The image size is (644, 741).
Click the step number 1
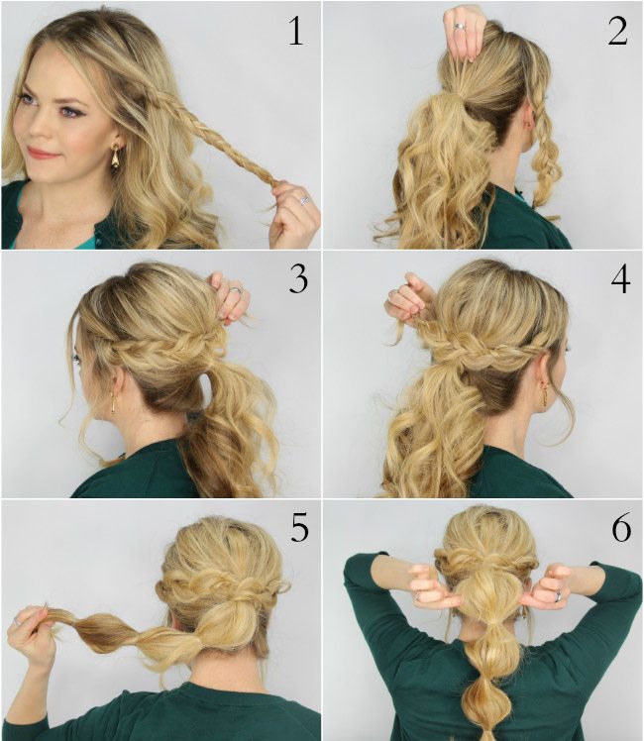point(296,32)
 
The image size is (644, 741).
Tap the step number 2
point(618,32)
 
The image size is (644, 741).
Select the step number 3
point(298,278)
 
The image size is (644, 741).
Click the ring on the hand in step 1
point(304,200)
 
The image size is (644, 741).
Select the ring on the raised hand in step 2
point(460,26)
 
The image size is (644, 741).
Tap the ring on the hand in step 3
point(236,290)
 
